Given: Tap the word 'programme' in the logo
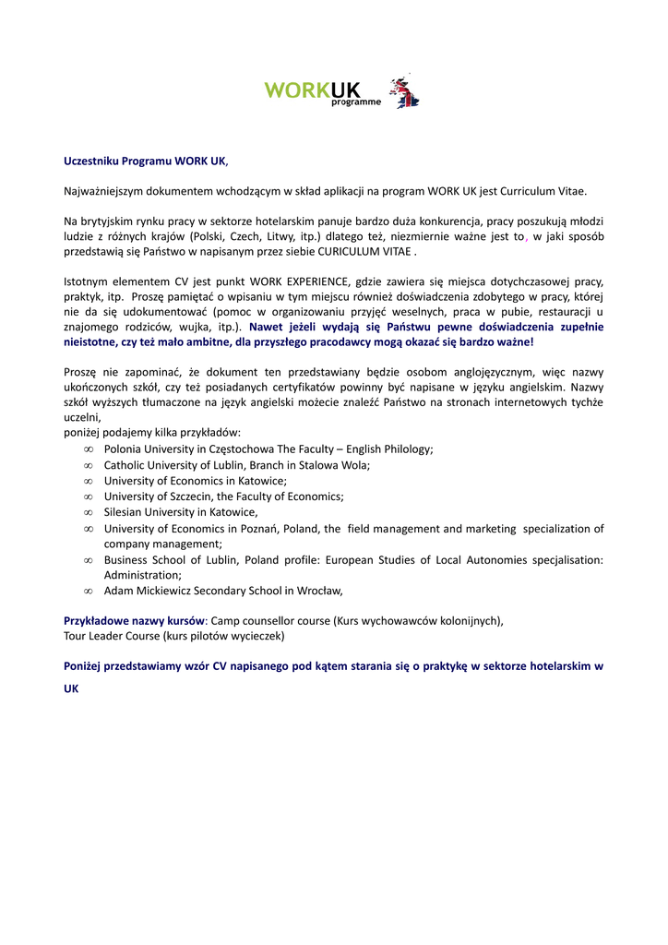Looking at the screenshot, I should pyautogui.click(x=355, y=102).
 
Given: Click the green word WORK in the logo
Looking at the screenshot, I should pyautogui.click(x=296, y=90).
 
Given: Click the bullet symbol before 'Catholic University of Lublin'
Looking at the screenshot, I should pyautogui.click(x=89, y=465).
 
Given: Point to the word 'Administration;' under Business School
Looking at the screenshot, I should pyautogui.click(x=143, y=575).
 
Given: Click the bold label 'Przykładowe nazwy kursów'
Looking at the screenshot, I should pyautogui.click(x=134, y=620).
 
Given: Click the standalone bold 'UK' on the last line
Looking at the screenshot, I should pyautogui.click(x=71, y=688).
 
